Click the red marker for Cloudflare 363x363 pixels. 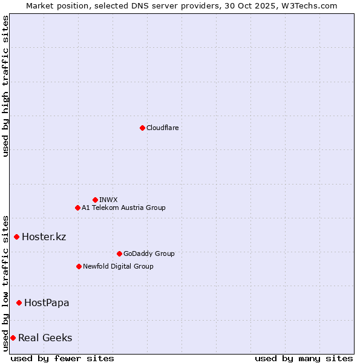coord(142,128)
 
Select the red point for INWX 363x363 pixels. coord(95,200)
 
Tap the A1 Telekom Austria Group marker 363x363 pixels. coord(77,208)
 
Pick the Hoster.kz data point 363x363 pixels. coord(16,237)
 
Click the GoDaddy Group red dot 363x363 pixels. coord(119,253)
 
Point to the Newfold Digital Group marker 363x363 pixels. coord(79,266)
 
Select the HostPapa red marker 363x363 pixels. coord(19,302)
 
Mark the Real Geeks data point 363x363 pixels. coord(13,338)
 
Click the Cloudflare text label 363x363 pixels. coord(162,128)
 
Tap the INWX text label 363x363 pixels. coord(108,200)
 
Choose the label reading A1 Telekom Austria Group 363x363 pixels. coord(123,208)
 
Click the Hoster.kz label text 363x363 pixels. coord(44,237)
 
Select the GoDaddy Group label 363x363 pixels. coord(149,253)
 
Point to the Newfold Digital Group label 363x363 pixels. coord(118,266)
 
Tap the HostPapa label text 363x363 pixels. coord(47,302)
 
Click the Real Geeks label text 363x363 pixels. coord(45,338)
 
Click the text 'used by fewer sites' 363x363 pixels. coord(62,358)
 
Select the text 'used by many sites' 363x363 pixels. coord(304,358)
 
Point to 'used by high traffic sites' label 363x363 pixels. coord(5,86)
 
